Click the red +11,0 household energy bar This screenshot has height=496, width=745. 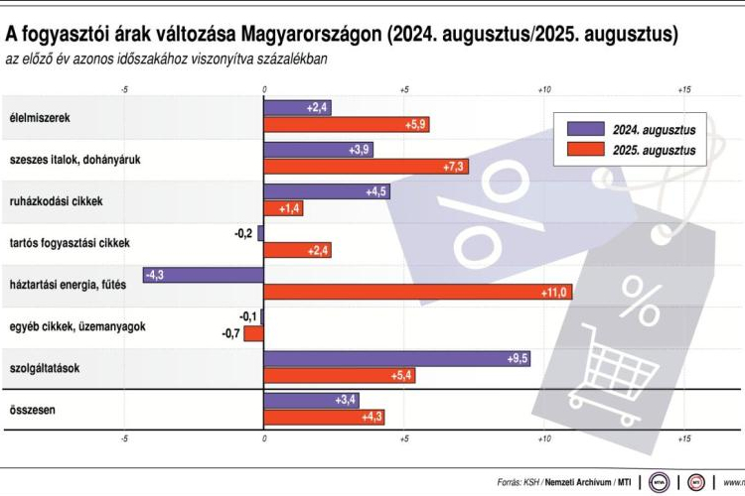pos(417,292)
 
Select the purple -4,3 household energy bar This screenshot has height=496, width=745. pos(203,275)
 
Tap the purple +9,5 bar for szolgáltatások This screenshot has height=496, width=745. pos(396,359)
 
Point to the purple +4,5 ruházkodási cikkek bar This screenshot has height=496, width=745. pos(327,191)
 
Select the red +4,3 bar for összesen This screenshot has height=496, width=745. pos(324,417)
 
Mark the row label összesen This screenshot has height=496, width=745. pos(32,409)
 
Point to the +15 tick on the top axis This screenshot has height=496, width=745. pos(683,90)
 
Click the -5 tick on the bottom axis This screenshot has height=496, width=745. pos(124,437)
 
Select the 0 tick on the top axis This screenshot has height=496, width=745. pos(264,90)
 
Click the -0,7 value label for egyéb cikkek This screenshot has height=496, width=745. pos(230,333)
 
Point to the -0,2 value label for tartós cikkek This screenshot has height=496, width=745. pos(241,233)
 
